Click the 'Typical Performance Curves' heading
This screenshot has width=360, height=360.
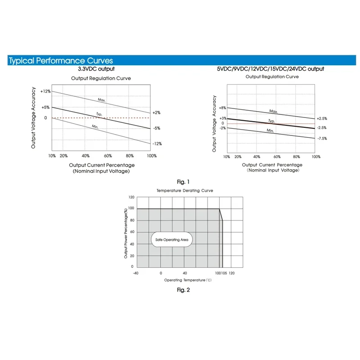pyautogui.click(x=61, y=61)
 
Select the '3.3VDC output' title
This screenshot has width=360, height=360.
pyautogui.click(x=96, y=69)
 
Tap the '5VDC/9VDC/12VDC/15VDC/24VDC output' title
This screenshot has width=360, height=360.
pyautogui.click(x=270, y=69)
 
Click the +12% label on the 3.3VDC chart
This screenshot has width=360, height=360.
pyautogui.click(x=45, y=91)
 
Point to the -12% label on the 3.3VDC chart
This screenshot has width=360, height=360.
pyautogui.click(x=157, y=144)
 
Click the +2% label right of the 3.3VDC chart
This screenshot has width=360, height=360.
pyautogui.click(x=156, y=112)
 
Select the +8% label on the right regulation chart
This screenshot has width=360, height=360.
pyautogui.click(x=222, y=108)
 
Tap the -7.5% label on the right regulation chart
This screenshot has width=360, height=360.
pyautogui.click(x=322, y=139)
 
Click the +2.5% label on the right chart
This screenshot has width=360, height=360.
pyautogui.click(x=322, y=118)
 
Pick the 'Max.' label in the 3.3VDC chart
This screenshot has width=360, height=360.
pyautogui.click(x=102, y=99)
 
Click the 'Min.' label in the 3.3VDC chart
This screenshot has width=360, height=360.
pyautogui.click(x=95, y=127)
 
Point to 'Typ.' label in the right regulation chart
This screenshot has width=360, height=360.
pyautogui.click(x=271, y=121)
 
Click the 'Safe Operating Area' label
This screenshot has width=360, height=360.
pyautogui.click(x=171, y=240)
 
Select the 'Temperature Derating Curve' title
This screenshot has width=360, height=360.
pyautogui.click(x=184, y=191)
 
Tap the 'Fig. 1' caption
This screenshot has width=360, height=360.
pyautogui.click(x=183, y=182)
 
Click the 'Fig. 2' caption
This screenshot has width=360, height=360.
pyautogui.click(x=183, y=290)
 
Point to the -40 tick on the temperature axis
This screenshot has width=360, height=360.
pyautogui.click(x=135, y=273)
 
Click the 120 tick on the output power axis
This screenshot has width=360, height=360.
pyautogui.click(x=131, y=197)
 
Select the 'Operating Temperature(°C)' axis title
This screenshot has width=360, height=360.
pyautogui.click(x=188, y=280)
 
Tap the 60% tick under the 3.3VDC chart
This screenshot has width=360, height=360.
pyautogui.click(x=108, y=156)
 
